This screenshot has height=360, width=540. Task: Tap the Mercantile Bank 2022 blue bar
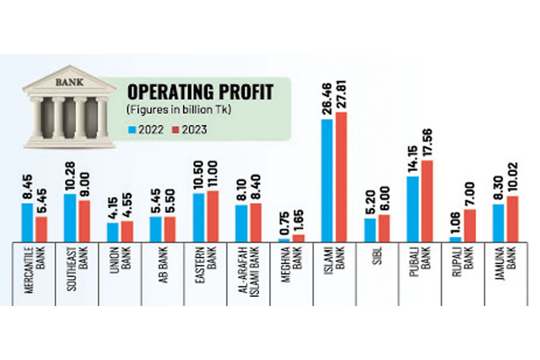(x=27, y=222)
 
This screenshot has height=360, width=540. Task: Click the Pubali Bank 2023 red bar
(x=427, y=201)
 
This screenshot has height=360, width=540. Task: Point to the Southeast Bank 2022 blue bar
(x=70, y=218)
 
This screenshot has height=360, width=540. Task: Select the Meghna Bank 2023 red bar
(x=299, y=238)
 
